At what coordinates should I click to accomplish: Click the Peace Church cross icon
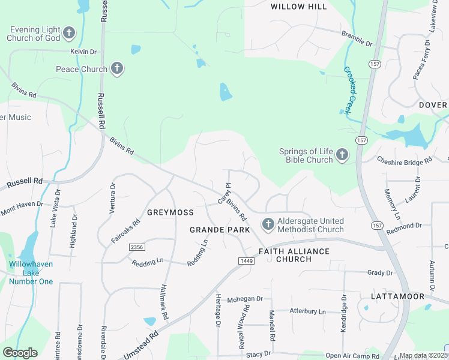click(117, 69)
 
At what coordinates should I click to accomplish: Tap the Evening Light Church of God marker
click(69, 33)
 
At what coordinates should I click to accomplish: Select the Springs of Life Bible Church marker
click(342, 155)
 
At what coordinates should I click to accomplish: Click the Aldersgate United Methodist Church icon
click(268, 224)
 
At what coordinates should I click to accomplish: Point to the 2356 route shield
click(136, 247)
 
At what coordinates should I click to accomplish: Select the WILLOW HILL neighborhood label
click(299, 7)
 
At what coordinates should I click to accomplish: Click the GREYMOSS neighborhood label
click(170, 213)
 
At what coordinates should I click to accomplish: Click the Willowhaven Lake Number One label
click(31, 273)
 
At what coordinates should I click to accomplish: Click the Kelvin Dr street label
click(83, 52)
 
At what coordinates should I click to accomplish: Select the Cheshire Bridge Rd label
click(404, 160)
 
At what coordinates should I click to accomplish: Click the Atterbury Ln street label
click(307, 311)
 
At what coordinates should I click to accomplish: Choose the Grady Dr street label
click(379, 272)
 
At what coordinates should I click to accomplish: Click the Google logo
click(20, 353)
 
